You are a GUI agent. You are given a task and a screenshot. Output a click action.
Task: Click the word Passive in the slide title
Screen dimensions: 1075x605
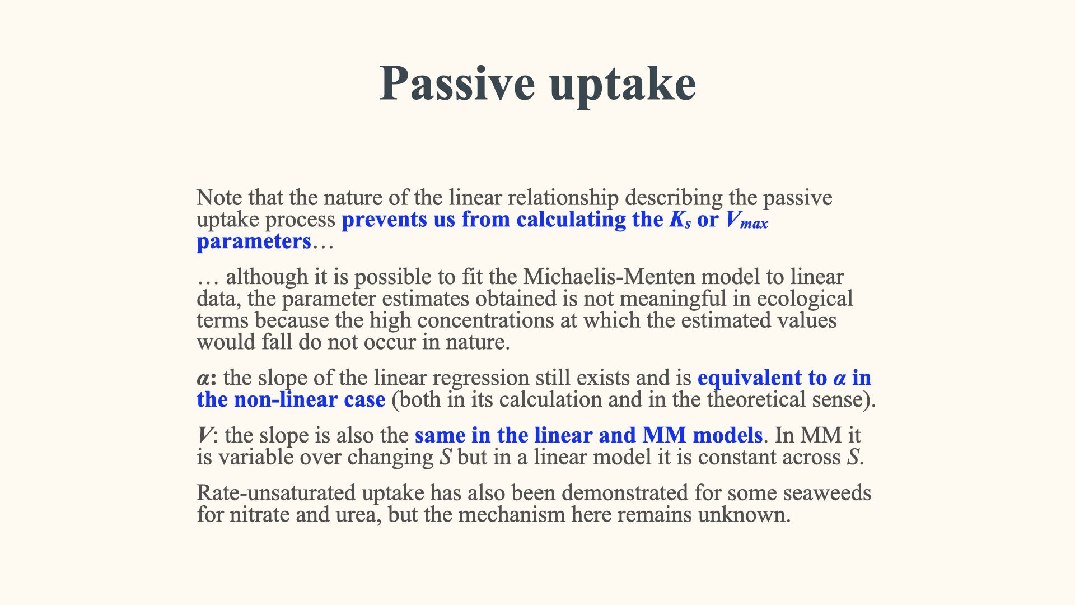click(457, 83)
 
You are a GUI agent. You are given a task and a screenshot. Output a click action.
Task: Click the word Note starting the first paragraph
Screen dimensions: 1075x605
click(219, 198)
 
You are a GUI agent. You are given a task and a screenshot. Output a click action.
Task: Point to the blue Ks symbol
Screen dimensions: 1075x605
click(680, 220)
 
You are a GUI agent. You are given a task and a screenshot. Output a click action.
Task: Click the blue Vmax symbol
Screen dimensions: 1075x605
click(747, 220)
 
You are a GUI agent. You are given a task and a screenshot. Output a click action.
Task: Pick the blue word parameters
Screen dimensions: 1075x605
click(254, 241)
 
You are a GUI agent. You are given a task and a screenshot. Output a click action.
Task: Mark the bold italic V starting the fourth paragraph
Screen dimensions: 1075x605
click(205, 436)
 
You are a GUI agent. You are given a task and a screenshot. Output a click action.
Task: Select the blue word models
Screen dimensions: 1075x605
click(727, 435)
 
